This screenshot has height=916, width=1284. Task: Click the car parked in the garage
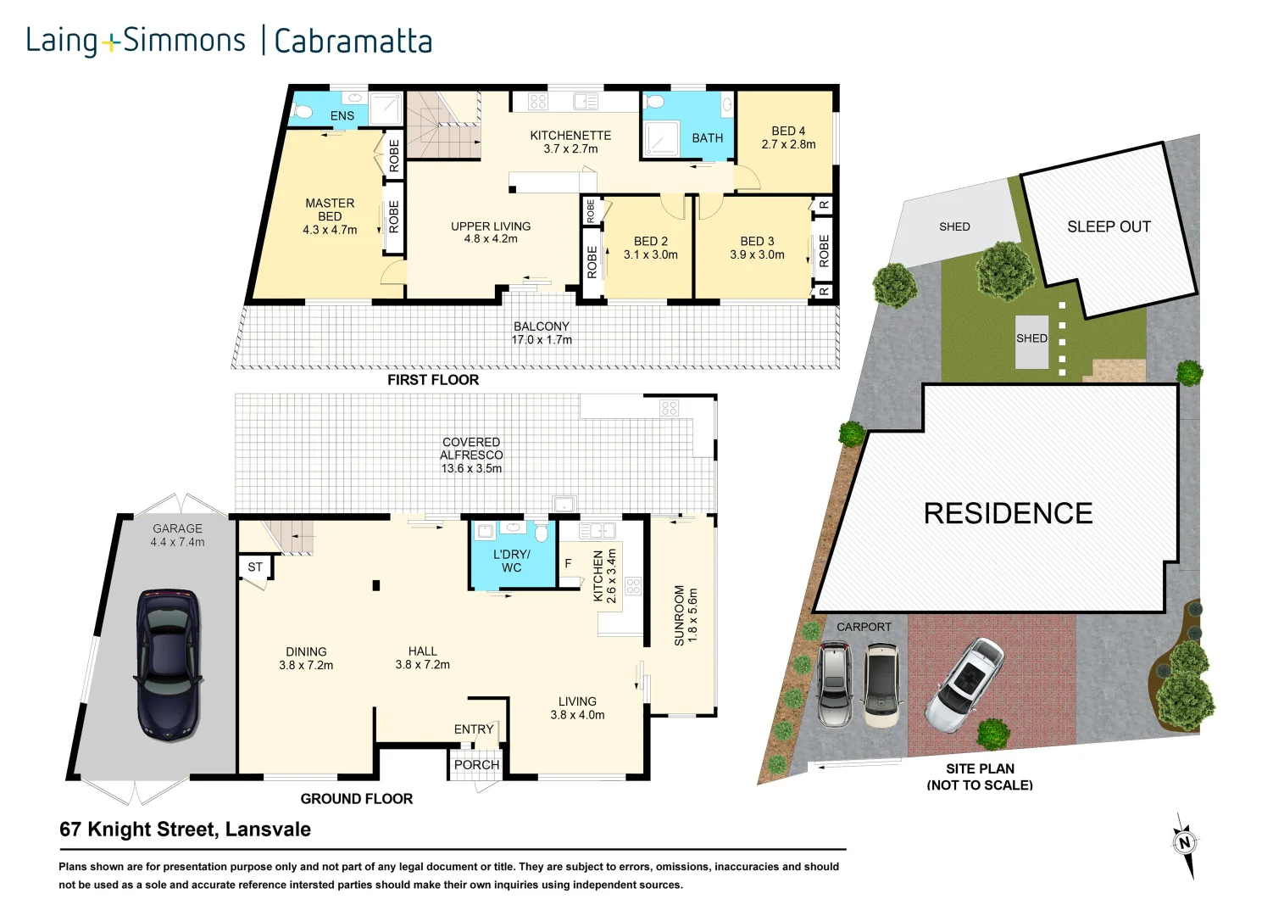click(169, 665)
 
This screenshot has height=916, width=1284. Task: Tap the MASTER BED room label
click(330, 216)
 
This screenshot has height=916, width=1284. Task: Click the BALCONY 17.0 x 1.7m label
click(542, 332)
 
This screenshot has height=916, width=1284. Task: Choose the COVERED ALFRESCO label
click(471, 455)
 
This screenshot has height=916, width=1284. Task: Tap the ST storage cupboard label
click(255, 567)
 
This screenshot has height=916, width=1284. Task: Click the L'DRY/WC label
click(511, 561)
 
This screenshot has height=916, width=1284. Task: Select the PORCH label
click(476, 764)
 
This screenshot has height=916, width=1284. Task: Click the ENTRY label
click(473, 729)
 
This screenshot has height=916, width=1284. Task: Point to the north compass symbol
click(1185, 843)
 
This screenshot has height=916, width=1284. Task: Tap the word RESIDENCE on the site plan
click(1008, 513)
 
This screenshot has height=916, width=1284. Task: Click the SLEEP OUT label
click(1109, 226)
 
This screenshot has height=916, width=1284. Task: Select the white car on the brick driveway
click(965, 684)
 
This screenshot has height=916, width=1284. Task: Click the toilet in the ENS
click(303, 110)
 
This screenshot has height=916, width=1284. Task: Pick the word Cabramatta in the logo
click(353, 41)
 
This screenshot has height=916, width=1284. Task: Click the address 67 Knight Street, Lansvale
click(185, 829)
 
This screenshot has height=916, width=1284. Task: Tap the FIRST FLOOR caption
click(433, 380)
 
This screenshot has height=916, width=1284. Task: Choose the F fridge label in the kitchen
click(568, 563)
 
